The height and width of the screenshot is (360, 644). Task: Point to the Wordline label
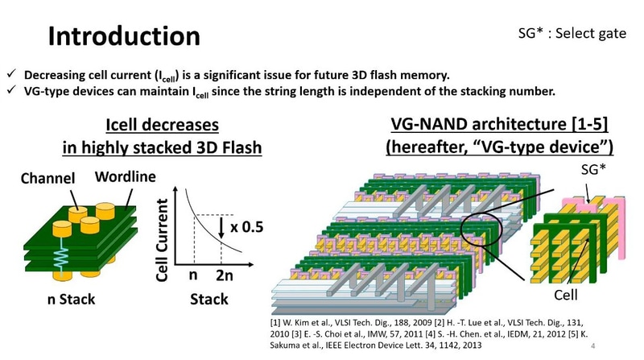point(124,175)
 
